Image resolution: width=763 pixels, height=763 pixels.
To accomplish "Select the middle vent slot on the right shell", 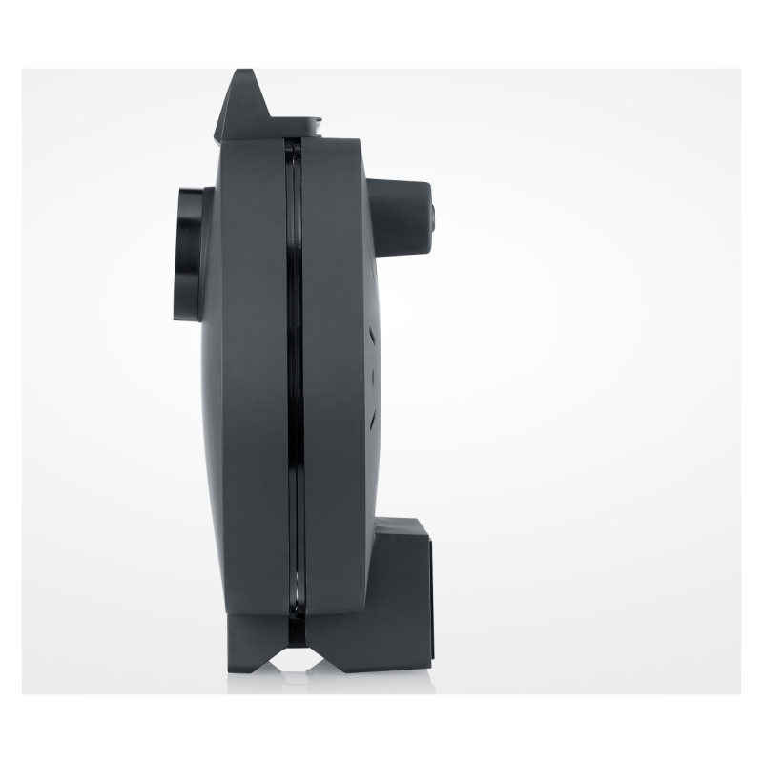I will click(x=371, y=374).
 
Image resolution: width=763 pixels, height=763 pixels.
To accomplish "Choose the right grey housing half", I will click(x=334, y=381).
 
